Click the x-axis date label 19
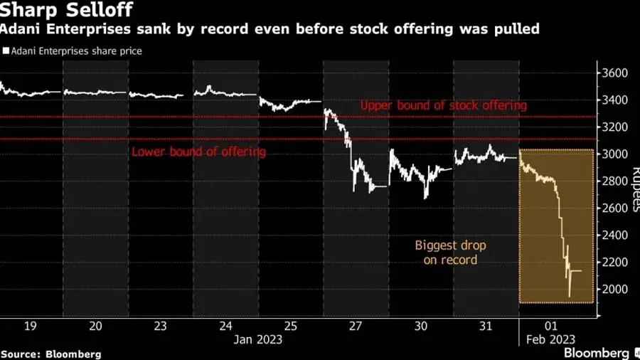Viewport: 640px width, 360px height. pos(31,326)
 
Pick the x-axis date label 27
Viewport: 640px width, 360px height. pos(356,326)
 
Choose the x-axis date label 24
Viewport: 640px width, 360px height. pos(225,326)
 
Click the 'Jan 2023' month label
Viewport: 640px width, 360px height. pos(257,339)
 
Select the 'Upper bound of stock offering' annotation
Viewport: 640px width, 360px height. pos(443,105)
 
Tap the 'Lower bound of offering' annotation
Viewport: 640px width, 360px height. pos(198,152)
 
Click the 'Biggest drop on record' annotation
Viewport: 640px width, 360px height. pos(450,253)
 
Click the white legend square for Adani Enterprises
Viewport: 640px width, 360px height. pos(6,51)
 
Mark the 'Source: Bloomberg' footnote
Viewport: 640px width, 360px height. pos(50,354)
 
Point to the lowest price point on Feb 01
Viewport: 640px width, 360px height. pos(569,296)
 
